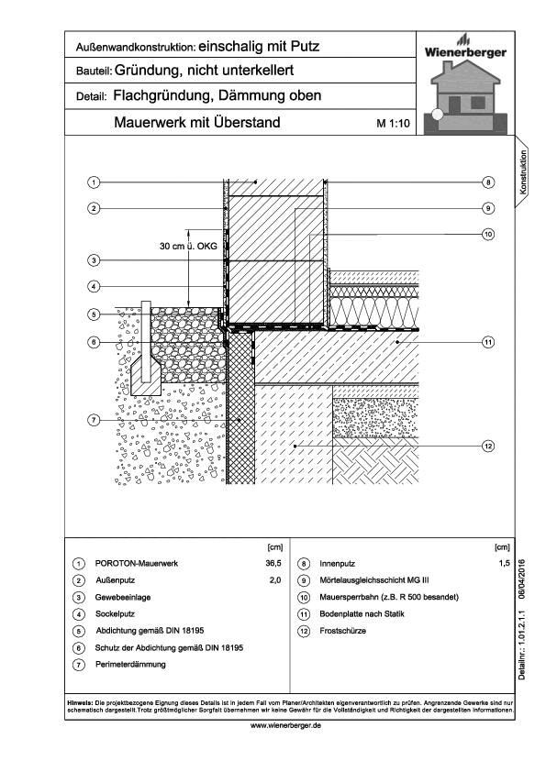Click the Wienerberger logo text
(466, 52)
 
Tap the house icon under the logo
(467, 95)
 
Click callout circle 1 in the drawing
(94, 182)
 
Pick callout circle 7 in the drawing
(94, 420)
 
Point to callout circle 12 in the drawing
(488, 446)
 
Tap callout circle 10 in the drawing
(488, 235)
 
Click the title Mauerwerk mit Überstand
(197, 122)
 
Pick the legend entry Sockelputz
(118, 613)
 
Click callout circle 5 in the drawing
(94, 314)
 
